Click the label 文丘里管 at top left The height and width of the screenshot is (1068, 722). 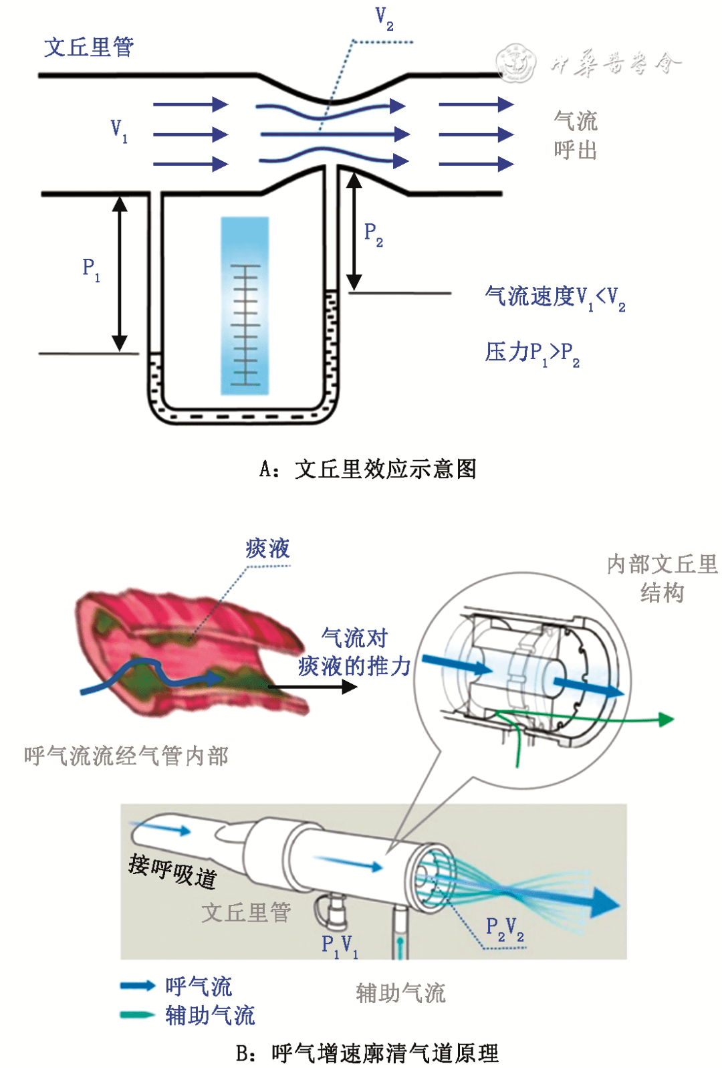click(89, 47)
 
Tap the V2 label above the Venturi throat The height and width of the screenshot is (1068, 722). click(384, 18)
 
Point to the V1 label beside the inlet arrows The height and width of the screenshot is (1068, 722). click(118, 130)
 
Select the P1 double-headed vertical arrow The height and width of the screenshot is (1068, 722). click(120, 274)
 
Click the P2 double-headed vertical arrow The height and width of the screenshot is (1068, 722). click(354, 231)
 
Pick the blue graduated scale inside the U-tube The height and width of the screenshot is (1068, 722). click(245, 306)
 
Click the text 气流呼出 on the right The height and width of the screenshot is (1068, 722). click(575, 135)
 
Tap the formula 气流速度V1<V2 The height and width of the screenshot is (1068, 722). click(555, 297)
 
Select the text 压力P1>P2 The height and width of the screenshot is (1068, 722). click(532, 352)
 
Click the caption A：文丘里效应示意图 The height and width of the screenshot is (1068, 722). click(368, 469)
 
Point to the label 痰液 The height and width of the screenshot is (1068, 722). click(267, 548)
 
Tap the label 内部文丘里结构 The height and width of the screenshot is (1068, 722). click(662, 578)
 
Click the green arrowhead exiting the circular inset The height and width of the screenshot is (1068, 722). click(666, 720)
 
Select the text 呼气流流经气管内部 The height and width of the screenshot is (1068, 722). click(126, 756)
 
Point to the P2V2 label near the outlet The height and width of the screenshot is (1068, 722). click(505, 928)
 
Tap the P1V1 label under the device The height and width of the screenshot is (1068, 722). click(340, 945)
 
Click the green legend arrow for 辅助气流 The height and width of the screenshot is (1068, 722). click(137, 1014)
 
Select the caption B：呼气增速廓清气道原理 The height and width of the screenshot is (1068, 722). click(368, 1053)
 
